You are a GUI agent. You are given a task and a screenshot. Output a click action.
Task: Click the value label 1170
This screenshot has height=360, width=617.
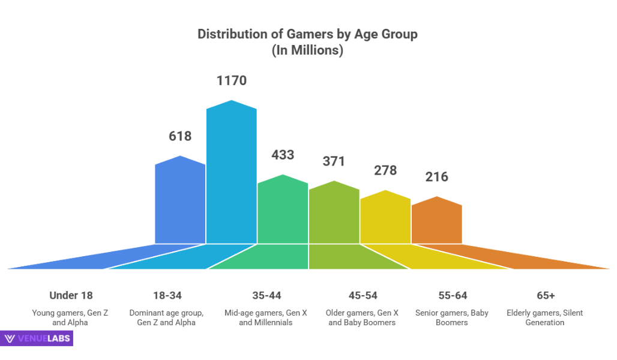(x=232, y=80)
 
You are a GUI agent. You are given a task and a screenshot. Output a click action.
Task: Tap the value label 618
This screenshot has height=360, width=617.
(x=180, y=136)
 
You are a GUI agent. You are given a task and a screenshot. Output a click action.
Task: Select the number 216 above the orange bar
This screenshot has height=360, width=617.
(x=437, y=177)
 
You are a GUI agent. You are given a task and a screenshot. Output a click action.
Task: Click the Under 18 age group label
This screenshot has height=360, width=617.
(x=71, y=295)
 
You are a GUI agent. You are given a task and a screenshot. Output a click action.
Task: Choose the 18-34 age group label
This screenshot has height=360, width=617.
(x=167, y=295)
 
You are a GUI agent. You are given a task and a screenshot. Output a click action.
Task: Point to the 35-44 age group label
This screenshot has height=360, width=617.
(x=266, y=295)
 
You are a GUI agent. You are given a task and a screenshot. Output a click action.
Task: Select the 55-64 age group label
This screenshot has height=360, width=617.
(x=452, y=295)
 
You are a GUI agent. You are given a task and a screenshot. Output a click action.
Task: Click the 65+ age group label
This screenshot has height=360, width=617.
(x=546, y=295)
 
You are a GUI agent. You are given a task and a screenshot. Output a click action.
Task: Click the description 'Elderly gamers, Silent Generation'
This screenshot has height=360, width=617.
(x=545, y=317)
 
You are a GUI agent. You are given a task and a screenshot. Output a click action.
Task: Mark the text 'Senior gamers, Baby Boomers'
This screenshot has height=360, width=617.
(x=452, y=317)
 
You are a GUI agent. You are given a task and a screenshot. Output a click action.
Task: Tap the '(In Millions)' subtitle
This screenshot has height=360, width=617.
(x=307, y=51)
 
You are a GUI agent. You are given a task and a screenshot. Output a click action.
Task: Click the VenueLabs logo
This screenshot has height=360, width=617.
(x=38, y=338)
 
